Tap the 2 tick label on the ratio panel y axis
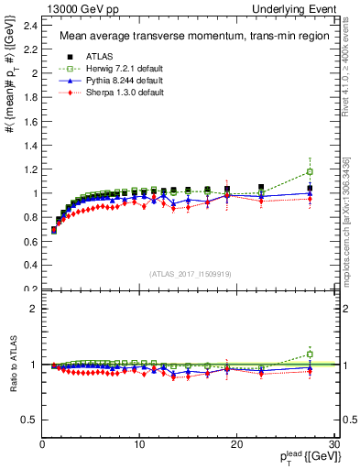coord(35,309)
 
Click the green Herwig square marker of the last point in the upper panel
coord(310,171)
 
